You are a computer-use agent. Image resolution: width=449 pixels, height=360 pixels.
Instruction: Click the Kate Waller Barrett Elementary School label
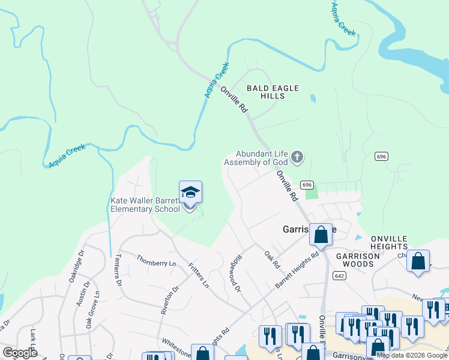click(145, 205)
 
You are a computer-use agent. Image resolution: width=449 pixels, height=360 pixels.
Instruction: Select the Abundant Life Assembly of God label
click(261, 158)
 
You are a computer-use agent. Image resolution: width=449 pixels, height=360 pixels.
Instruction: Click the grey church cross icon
click(297, 158)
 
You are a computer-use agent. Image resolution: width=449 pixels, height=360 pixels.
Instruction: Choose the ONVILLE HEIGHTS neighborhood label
click(381, 242)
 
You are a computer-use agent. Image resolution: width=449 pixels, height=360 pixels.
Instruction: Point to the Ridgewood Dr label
click(234, 275)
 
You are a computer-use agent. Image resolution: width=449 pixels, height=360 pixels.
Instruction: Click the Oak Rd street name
click(272, 260)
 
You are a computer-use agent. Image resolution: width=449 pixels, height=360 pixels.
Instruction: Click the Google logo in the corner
click(20, 353)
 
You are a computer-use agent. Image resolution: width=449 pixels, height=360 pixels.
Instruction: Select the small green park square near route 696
click(311, 194)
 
